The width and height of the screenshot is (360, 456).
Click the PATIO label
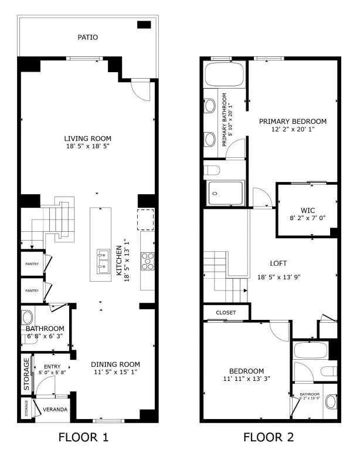point(88,38)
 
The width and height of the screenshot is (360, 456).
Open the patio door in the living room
point(141,90)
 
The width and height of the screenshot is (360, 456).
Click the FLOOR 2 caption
point(269,437)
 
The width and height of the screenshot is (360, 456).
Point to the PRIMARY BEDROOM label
point(293,121)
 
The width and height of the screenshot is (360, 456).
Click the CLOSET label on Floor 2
point(226,313)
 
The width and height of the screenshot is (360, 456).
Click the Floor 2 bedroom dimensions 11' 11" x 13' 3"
point(246,379)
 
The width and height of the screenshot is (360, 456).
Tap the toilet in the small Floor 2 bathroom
point(331,402)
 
